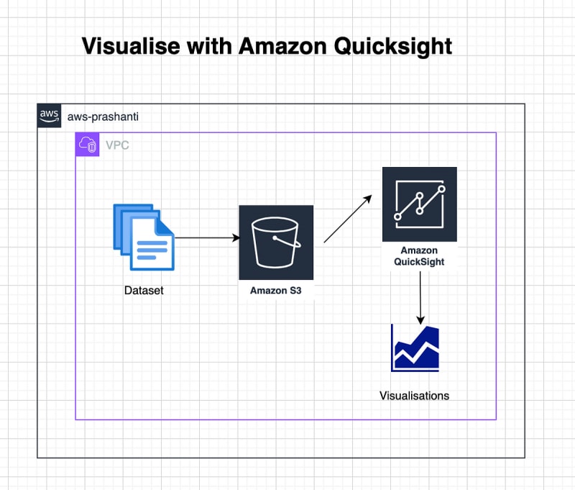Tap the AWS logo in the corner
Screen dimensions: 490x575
[x=50, y=116]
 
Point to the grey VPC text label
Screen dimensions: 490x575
[x=118, y=145]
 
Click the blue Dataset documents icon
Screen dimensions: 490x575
[x=144, y=236]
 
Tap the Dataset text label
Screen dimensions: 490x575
[x=144, y=291]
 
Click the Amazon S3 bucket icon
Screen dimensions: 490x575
[x=276, y=242]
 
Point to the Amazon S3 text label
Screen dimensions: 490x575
[x=276, y=291]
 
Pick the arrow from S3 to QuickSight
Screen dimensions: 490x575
[x=349, y=218]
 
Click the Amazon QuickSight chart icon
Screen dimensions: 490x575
[x=419, y=204]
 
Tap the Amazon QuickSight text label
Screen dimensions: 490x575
[x=419, y=256]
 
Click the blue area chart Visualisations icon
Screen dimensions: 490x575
[x=415, y=348]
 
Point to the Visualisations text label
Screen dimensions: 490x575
[x=414, y=396]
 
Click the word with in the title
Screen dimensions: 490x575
[x=211, y=47]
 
